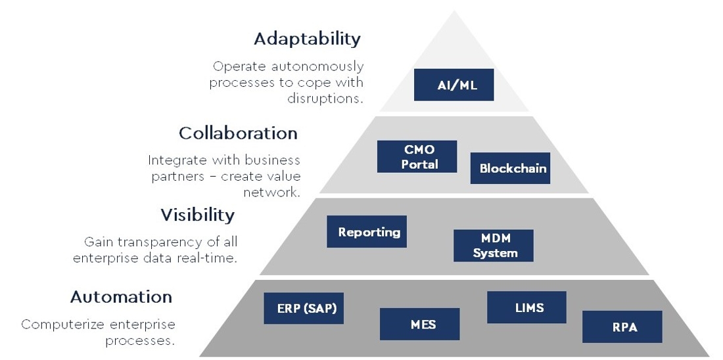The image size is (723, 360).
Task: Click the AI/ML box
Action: (454, 85)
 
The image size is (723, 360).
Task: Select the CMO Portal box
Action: (417, 157)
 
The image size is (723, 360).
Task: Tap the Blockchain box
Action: (510, 168)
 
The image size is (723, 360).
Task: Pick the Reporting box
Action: (367, 231)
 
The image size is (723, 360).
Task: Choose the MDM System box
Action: (494, 246)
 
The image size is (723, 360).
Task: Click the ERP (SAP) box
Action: (304, 308)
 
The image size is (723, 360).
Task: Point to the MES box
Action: (419, 324)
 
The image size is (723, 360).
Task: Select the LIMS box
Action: (526, 307)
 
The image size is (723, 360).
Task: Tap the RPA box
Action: (622, 326)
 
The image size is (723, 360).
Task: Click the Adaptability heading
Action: (307, 39)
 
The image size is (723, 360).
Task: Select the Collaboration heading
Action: (238, 133)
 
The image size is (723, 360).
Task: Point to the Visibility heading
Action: (197, 215)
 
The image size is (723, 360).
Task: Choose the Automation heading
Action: (122, 296)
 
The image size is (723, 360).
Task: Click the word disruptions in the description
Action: (325, 99)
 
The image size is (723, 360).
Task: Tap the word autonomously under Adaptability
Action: (317, 67)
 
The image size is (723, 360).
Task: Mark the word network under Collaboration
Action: (271, 192)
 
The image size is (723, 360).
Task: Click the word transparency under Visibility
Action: (167, 242)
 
